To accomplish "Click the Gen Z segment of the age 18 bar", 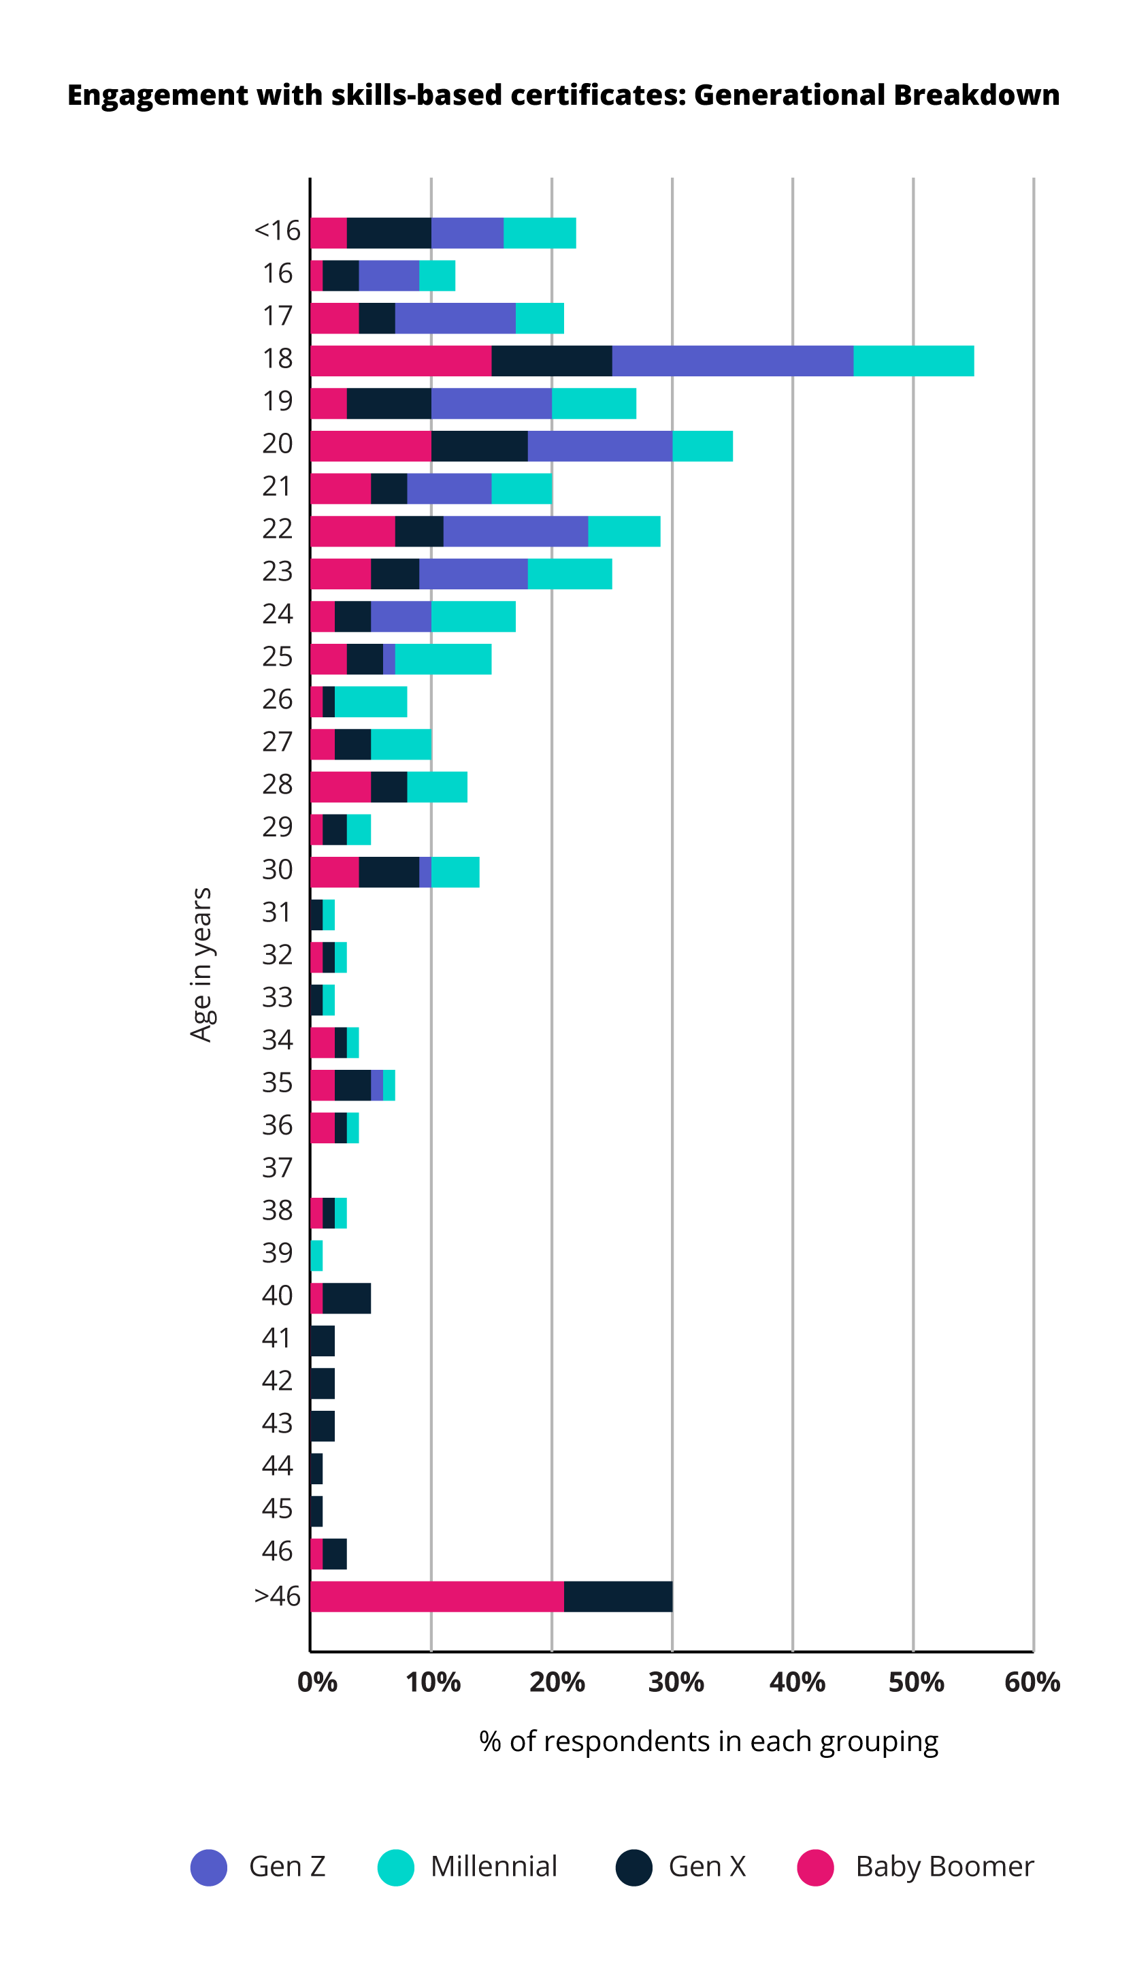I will click(732, 361).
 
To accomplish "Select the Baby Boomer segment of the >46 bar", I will click(437, 1597).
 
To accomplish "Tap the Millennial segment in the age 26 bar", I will click(370, 702).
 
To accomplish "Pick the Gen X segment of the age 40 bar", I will click(346, 1298).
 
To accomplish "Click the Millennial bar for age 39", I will click(316, 1256).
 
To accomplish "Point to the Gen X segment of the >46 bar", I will click(617, 1597).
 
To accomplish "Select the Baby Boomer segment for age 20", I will click(370, 446).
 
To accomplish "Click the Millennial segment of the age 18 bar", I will click(913, 361).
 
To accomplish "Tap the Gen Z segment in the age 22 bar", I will click(515, 531).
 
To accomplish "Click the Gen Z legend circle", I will click(209, 1867).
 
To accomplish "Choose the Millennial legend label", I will click(493, 1867).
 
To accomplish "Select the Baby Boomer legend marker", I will click(815, 1867).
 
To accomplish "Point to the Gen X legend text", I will click(707, 1867).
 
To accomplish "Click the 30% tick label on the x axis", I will click(675, 1682).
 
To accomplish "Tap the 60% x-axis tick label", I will click(1032, 1682).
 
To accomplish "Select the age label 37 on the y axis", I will click(277, 1168).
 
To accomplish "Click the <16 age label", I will click(277, 231).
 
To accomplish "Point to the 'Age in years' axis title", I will click(201, 964).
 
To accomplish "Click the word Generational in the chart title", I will click(789, 95).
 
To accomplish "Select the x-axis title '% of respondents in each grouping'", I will click(708, 1742).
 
